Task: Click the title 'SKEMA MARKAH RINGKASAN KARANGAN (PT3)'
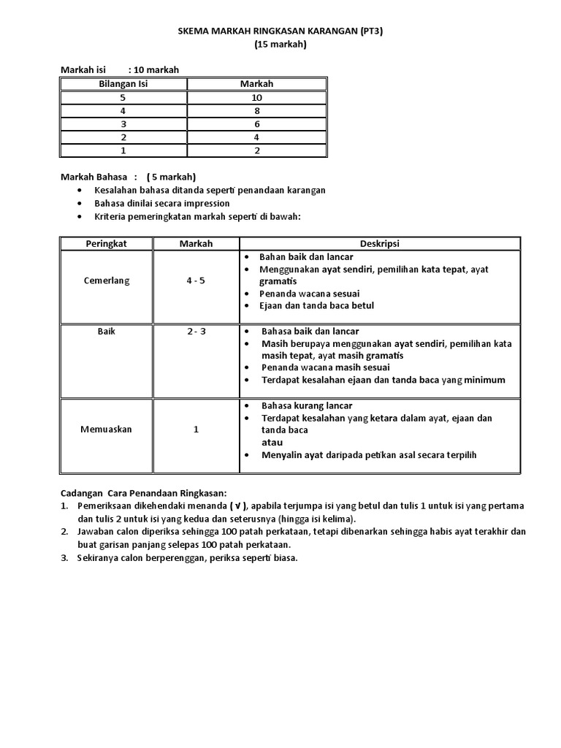tap(280, 32)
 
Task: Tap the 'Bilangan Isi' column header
tap(123, 84)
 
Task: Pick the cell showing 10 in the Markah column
tap(256, 97)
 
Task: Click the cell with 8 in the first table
tap(256, 111)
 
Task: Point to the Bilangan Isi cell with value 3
tap(123, 124)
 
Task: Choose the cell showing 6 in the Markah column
tap(256, 124)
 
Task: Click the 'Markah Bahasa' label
tap(93, 178)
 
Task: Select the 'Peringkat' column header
tap(106, 243)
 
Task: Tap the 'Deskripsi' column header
tap(380, 243)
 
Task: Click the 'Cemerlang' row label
tap(106, 281)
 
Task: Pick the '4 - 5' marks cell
tap(196, 281)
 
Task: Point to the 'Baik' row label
tap(107, 331)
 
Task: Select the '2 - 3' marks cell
tap(196, 331)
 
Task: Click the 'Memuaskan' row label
tap(107, 430)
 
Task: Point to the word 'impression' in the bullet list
tap(205, 203)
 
